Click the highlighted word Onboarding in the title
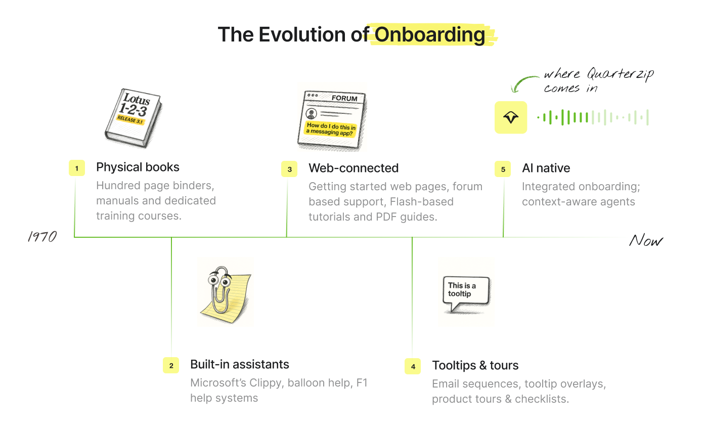click(430, 35)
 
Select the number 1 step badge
click(77, 168)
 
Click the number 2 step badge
click(171, 365)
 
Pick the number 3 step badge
click(289, 169)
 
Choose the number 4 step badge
click(413, 366)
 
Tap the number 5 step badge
click(503, 169)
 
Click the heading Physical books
click(138, 167)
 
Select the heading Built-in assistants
click(240, 364)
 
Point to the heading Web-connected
click(354, 168)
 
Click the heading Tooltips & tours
click(475, 365)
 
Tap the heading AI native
click(546, 168)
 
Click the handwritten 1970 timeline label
click(42, 237)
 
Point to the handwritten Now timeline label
click(646, 241)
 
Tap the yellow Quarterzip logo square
click(511, 117)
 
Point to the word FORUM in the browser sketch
click(344, 98)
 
